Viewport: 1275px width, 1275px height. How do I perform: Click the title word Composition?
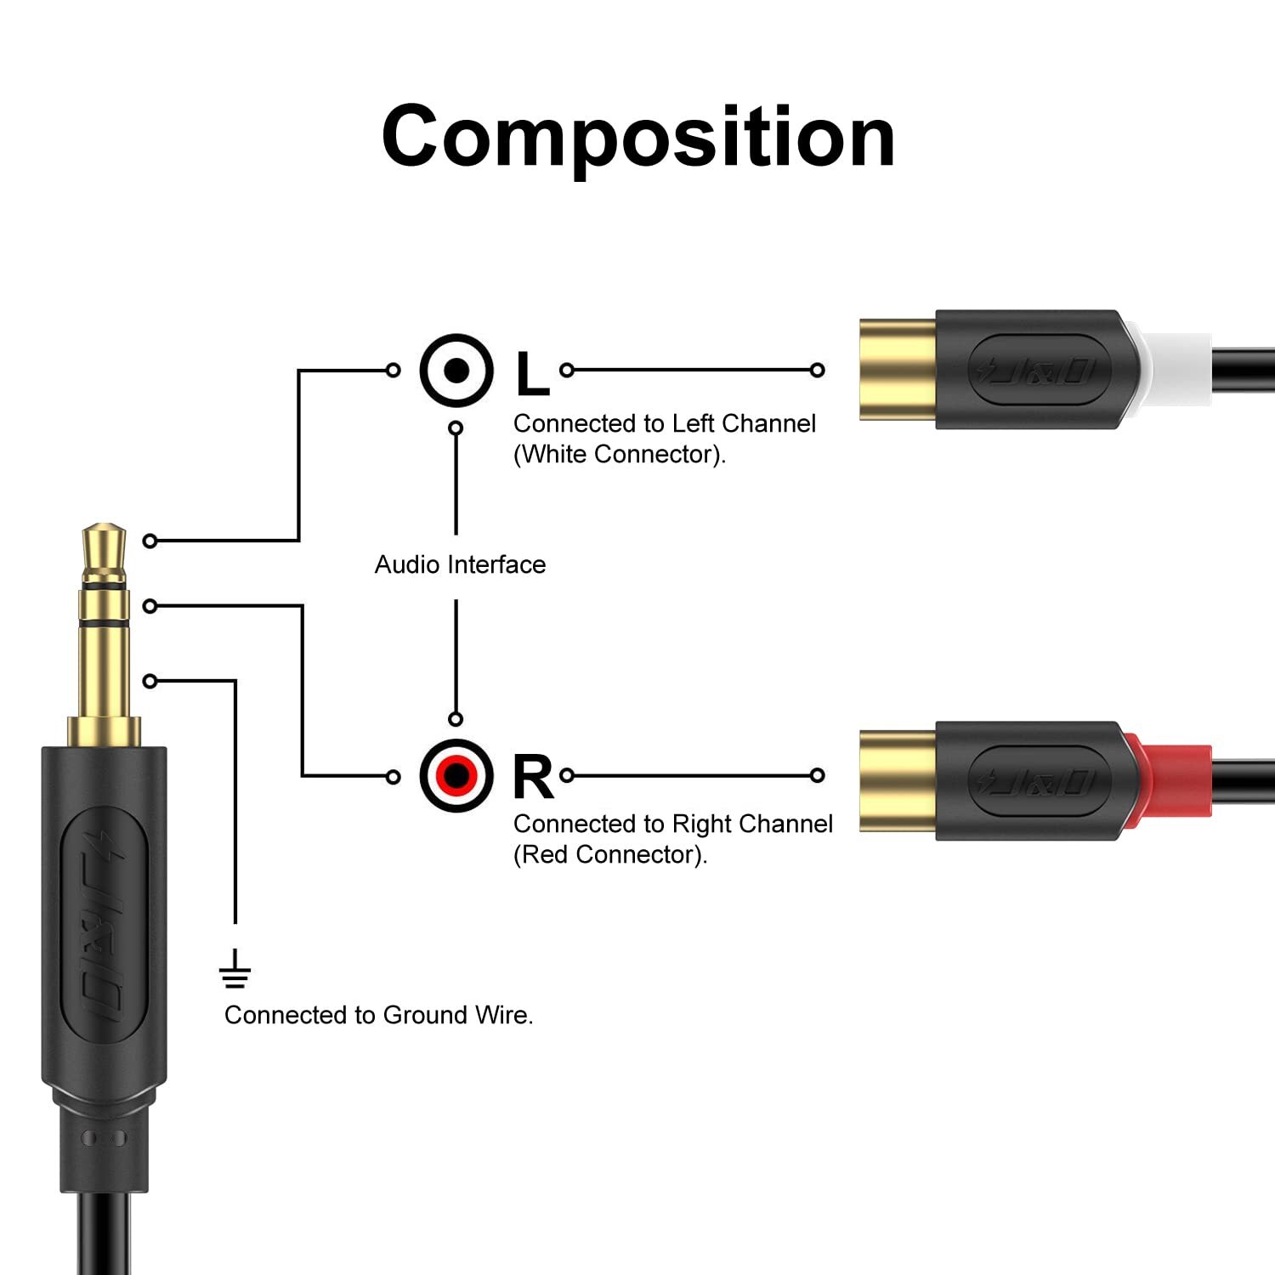click(x=637, y=138)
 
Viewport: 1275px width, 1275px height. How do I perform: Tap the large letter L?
click(x=532, y=374)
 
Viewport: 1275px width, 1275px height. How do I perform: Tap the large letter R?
click(x=533, y=777)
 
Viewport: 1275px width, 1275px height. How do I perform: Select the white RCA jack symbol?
click(x=456, y=371)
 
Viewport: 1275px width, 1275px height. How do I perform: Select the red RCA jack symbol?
click(x=456, y=775)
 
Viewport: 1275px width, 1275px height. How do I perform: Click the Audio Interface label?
click(x=460, y=564)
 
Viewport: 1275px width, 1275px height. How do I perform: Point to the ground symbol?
click(x=235, y=971)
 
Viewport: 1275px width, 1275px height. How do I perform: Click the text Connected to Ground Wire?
click(x=378, y=1015)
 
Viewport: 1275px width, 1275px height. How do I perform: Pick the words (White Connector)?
click(x=620, y=455)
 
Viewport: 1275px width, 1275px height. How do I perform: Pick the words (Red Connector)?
click(x=610, y=855)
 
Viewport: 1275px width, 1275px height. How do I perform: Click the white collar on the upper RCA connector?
click(x=1177, y=369)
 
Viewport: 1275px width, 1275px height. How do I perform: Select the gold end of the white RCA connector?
click(x=897, y=370)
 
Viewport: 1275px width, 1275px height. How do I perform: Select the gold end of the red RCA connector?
click(x=897, y=780)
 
